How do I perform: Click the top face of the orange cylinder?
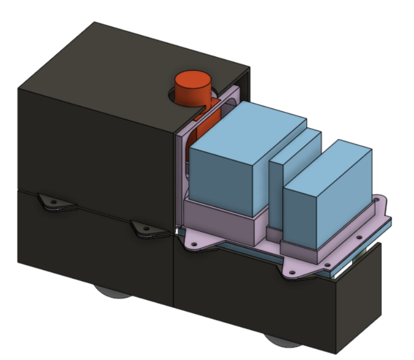[193, 80]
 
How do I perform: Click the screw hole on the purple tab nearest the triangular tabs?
[194, 239]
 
